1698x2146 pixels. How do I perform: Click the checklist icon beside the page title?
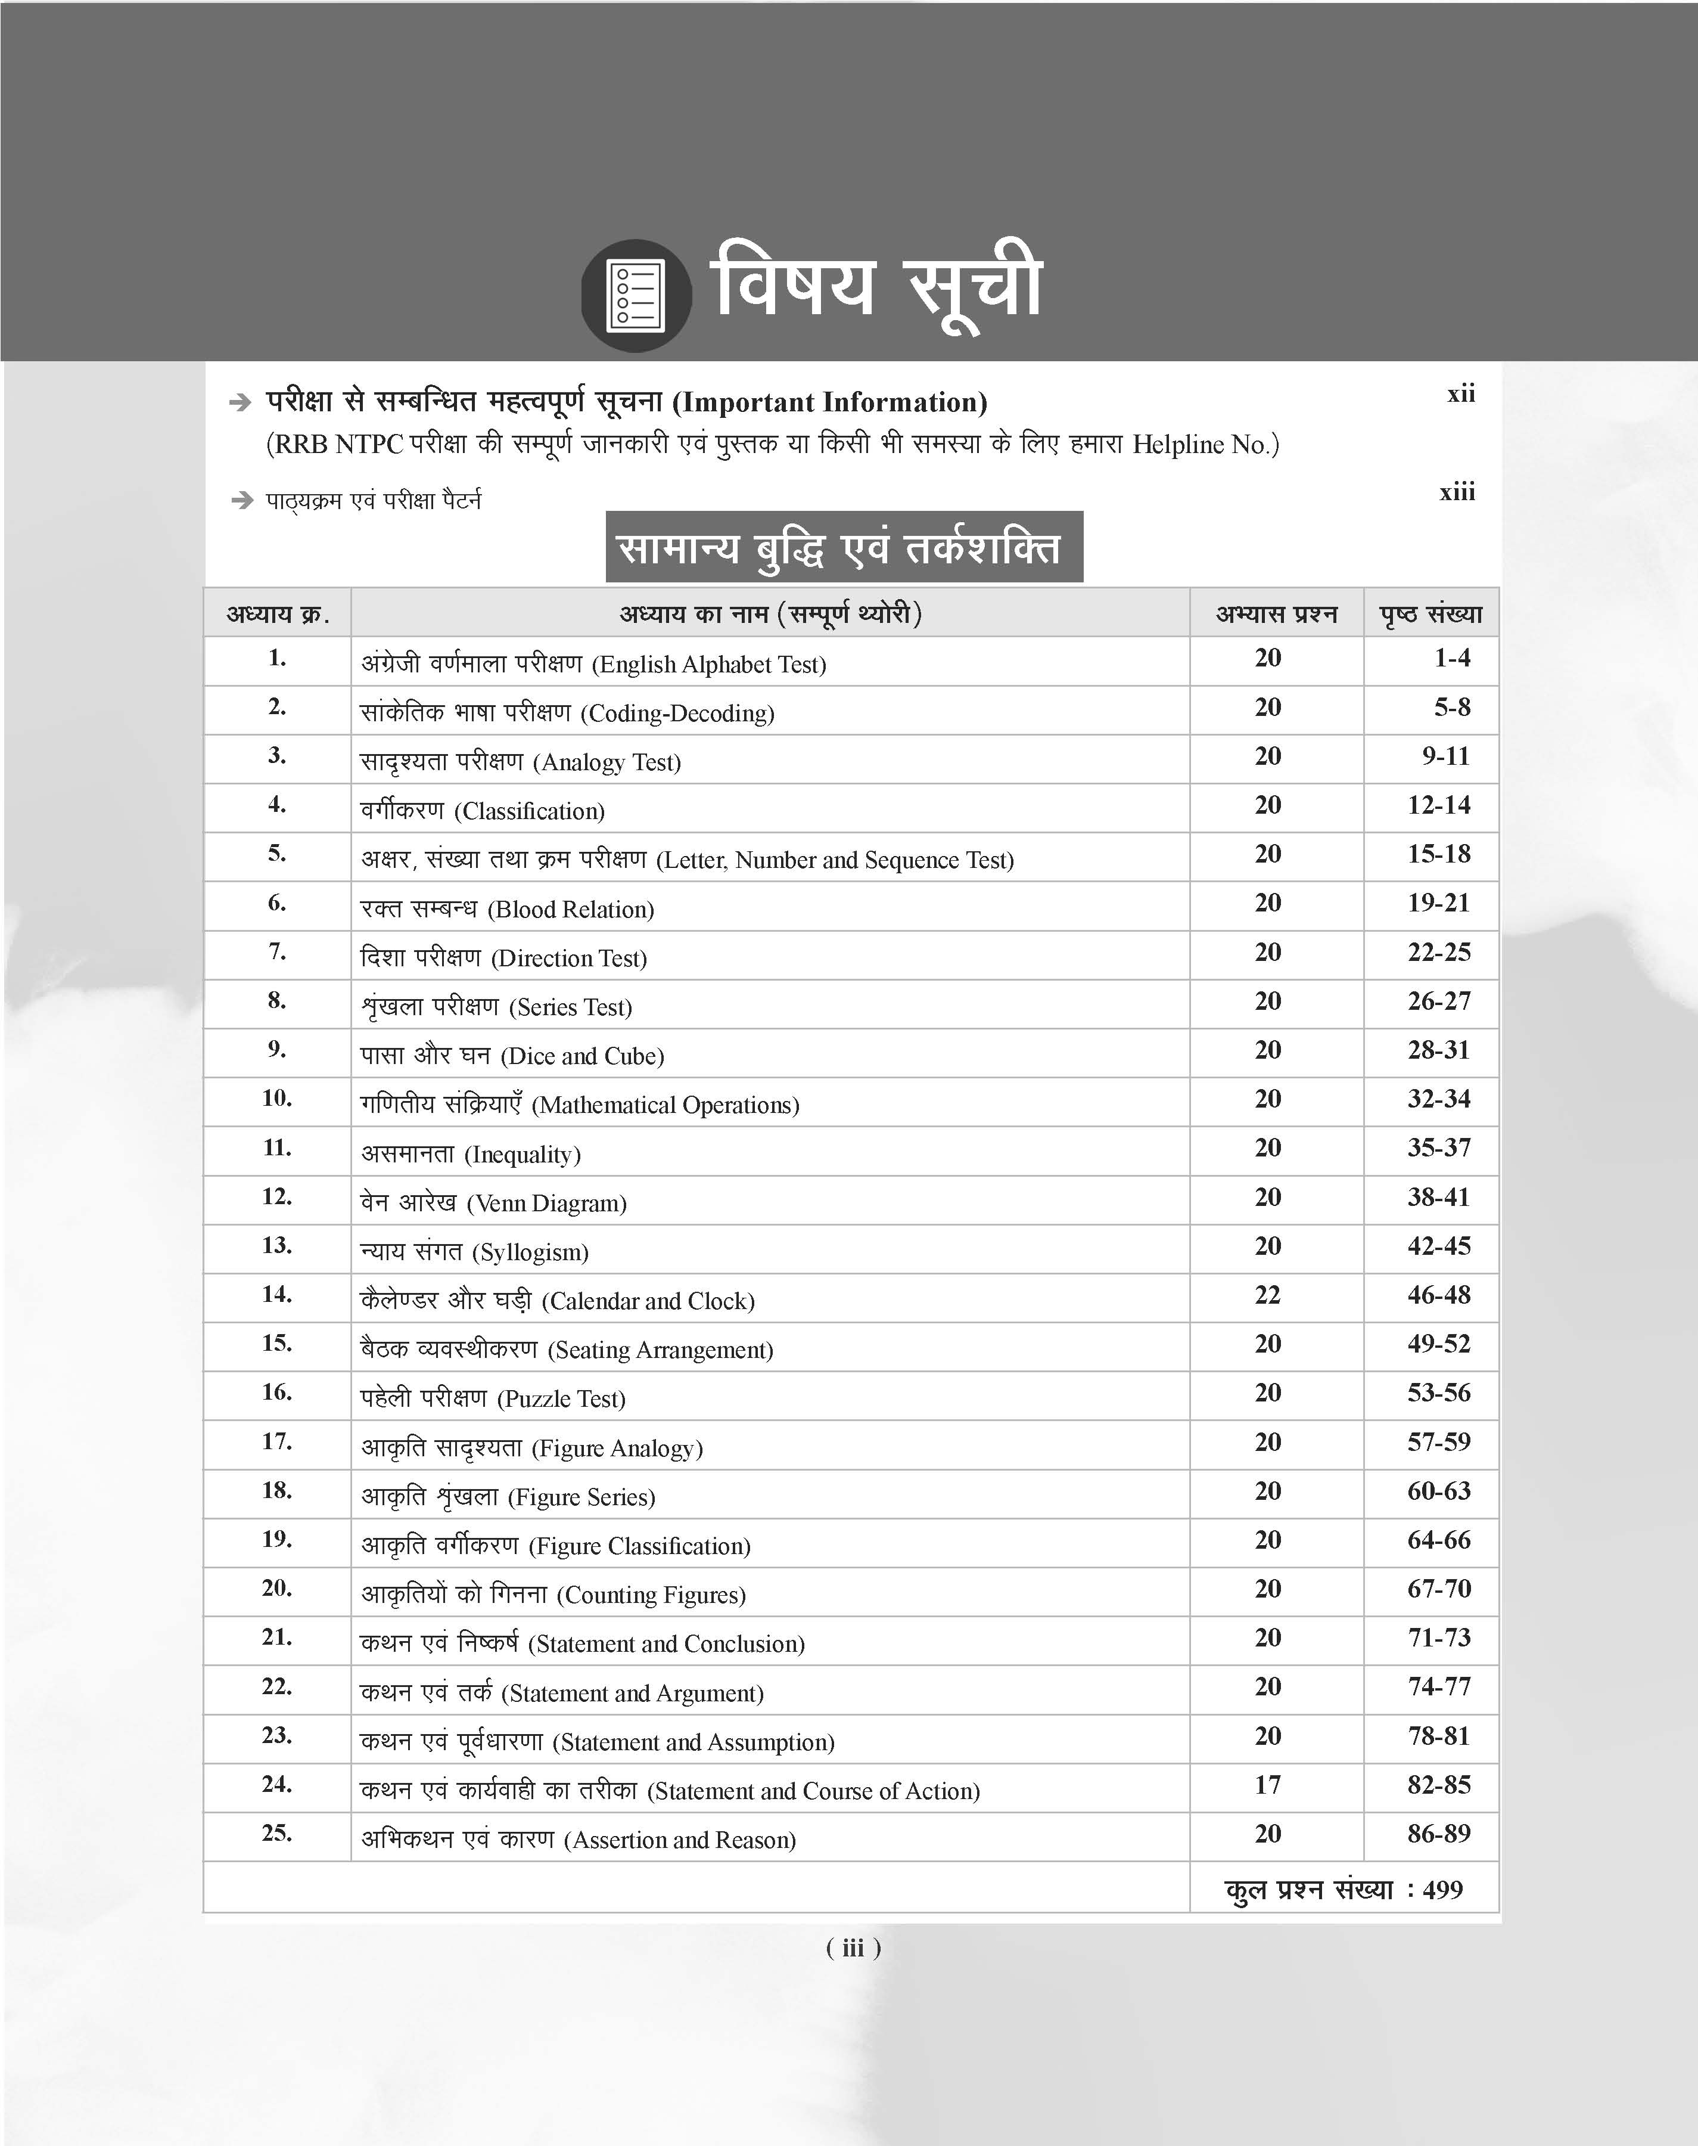(x=636, y=294)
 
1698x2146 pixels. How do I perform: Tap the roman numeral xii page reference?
(x=1460, y=394)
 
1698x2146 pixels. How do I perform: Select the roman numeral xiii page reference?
(x=1457, y=492)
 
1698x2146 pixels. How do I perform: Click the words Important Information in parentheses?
(x=830, y=403)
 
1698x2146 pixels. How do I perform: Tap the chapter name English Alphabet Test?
(x=709, y=664)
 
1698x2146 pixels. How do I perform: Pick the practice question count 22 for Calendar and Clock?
(x=1267, y=1295)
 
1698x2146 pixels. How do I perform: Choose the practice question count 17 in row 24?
(x=1267, y=1785)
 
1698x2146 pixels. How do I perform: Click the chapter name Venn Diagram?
(x=547, y=1204)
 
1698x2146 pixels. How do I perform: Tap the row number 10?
(x=278, y=1099)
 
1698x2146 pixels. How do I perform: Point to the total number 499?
(x=1442, y=1890)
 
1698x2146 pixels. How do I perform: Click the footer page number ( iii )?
(x=853, y=1948)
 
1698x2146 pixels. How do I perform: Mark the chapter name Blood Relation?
(x=571, y=909)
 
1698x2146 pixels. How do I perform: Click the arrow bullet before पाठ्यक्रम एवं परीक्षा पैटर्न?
(x=241, y=500)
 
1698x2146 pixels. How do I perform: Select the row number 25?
(x=278, y=1833)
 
